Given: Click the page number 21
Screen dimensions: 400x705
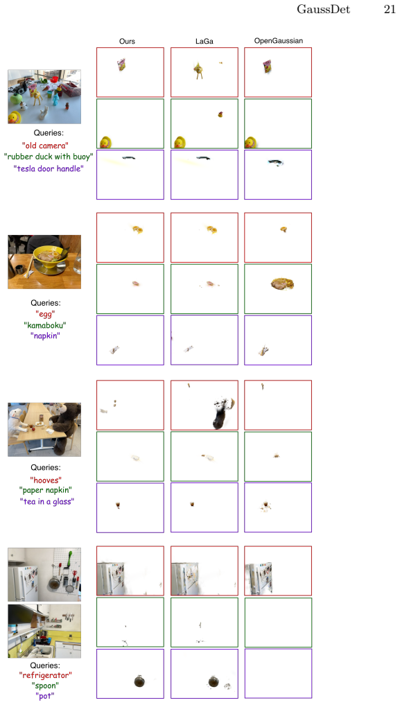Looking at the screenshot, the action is [x=389, y=10].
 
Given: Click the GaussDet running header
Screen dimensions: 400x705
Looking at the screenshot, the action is [x=323, y=10].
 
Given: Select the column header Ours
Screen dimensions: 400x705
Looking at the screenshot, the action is [x=127, y=42].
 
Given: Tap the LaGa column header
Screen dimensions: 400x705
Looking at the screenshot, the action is [x=205, y=42].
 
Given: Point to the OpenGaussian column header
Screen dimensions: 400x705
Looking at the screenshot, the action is [x=278, y=41].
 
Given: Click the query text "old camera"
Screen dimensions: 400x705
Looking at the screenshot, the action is [x=45, y=145].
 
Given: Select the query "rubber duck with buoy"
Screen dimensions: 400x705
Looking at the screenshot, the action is [x=49, y=157].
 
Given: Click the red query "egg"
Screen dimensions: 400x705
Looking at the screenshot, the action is [x=44, y=314].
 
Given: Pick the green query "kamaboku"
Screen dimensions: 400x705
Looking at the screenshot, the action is [x=44, y=324].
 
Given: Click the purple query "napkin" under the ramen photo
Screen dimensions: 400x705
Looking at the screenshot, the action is [x=44, y=336].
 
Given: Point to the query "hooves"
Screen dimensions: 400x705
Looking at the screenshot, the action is [x=45, y=480].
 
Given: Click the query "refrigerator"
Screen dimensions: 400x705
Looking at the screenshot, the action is [x=45, y=675].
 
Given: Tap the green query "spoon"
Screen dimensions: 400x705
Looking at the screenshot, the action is [x=45, y=686].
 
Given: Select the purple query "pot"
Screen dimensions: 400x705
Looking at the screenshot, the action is [x=45, y=697].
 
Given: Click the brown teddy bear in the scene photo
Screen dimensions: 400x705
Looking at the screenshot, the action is [x=66, y=427].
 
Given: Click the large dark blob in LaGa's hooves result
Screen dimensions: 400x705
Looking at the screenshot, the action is [x=220, y=417].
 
